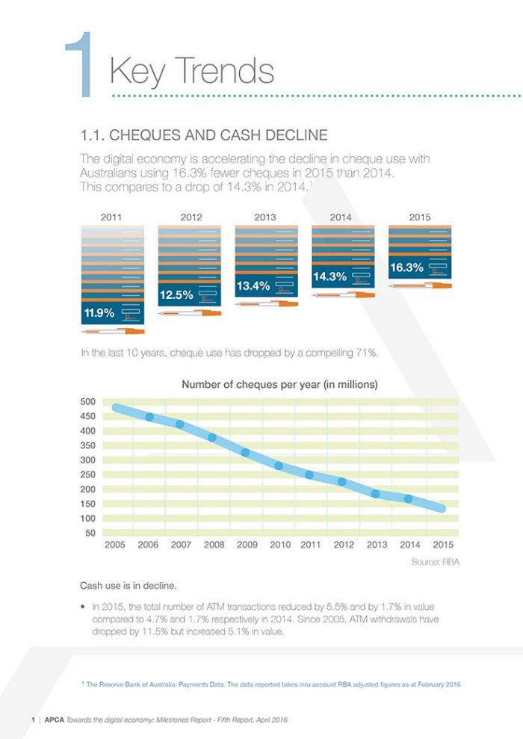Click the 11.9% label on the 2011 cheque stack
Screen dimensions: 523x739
click(99, 312)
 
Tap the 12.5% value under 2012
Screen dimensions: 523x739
click(176, 295)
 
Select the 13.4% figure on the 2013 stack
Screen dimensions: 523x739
click(253, 286)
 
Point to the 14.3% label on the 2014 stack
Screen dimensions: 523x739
click(329, 276)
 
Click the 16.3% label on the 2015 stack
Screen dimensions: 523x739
click(406, 268)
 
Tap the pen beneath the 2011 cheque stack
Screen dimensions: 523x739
click(113, 331)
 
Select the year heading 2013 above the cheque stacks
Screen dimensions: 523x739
click(265, 217)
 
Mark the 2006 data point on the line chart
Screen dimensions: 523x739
click(150, 417)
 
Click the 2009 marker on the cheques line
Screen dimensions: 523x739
click(245, 453)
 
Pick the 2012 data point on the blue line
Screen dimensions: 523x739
click(342, 482)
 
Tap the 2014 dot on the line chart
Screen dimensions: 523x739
click(409, 498)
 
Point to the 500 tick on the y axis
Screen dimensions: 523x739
click(87, 401)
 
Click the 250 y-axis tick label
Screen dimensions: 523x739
click(87, 474)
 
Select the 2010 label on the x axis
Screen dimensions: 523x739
click(280, 545)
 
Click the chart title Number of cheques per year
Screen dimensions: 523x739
click(280, 385)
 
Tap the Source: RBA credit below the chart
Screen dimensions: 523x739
click(436, 562)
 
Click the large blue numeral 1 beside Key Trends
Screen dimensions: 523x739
click(79, 64)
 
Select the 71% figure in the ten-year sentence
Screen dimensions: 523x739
click(366, 353)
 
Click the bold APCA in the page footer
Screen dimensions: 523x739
click(55, 720)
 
